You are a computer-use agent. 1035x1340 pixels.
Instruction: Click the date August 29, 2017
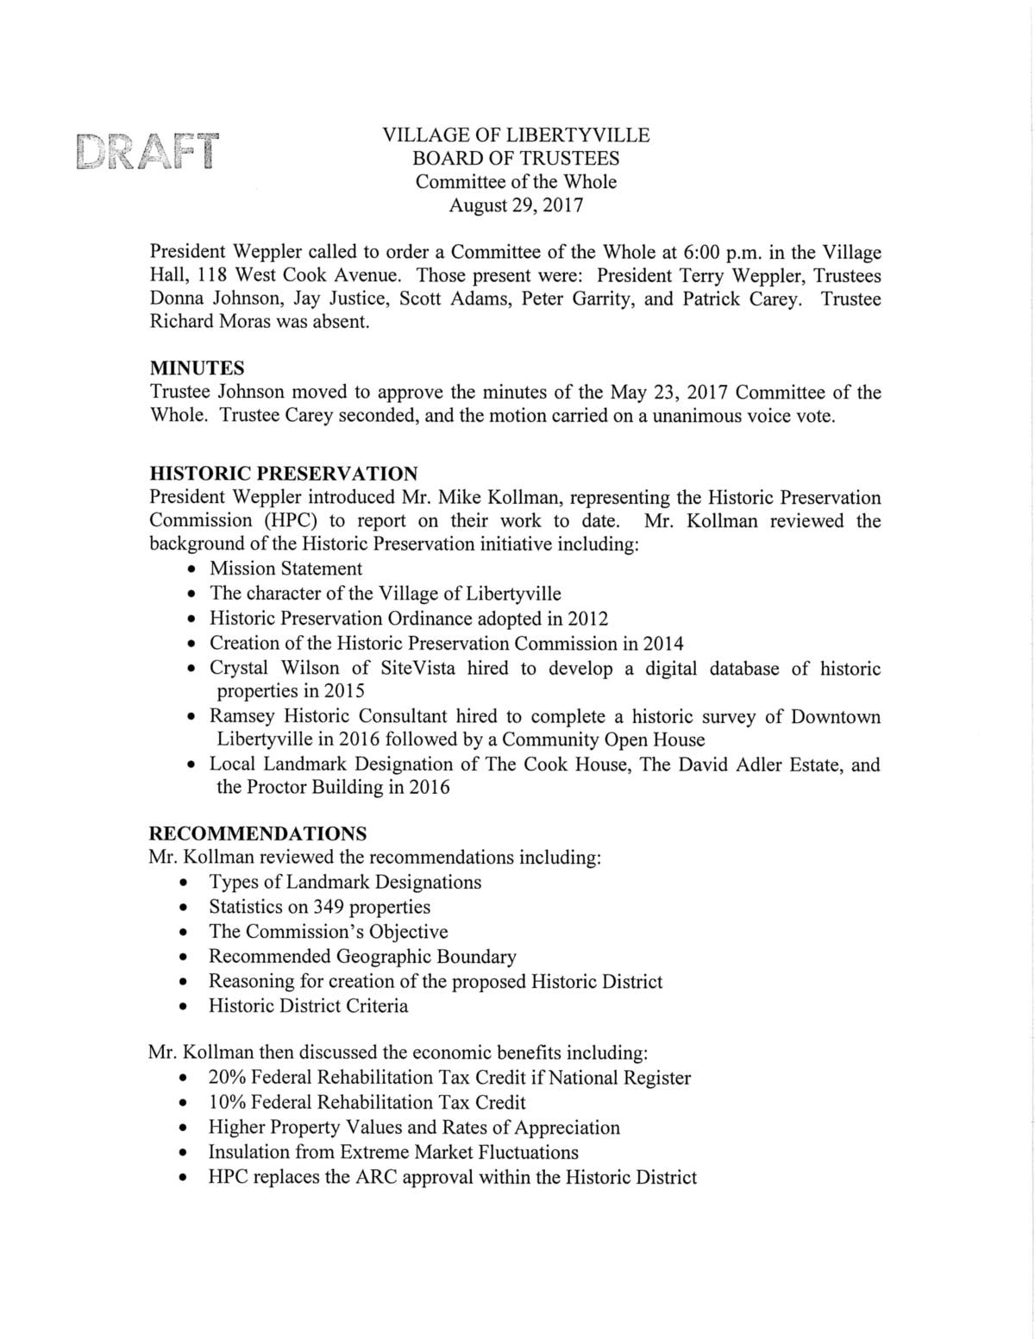click(516, 206)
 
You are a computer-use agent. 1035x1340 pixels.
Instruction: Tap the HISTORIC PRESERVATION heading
click(284, 474)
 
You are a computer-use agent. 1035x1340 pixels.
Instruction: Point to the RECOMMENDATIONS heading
click(257, 834)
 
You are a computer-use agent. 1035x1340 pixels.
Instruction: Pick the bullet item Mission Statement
click(285, 569)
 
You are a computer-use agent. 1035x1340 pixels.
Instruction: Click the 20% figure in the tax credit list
click(228, 1078)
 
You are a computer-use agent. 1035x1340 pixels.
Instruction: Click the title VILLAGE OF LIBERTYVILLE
click(516, 135)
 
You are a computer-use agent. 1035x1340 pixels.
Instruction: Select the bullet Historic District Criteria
click(308, 1006)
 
